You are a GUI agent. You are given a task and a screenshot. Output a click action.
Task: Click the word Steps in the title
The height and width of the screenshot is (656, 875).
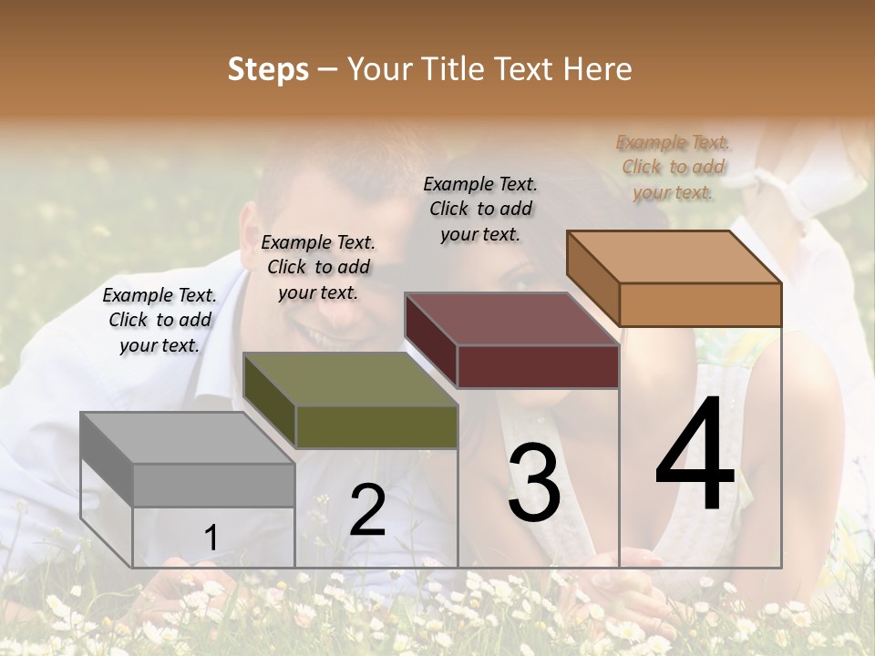[268, 69]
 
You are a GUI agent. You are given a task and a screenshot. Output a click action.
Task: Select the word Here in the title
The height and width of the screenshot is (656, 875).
[597, 69]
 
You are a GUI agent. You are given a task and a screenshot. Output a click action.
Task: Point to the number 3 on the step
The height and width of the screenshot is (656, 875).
[533, 483]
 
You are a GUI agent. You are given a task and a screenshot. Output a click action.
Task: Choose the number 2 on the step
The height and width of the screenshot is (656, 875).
[367, 510]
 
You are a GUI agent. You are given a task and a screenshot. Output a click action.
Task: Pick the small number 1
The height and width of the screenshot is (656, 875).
[211, 538]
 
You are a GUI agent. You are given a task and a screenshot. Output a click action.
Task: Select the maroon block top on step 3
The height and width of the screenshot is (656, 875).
[511, 319]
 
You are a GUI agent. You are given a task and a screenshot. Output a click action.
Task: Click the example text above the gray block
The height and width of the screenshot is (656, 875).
[160, 320]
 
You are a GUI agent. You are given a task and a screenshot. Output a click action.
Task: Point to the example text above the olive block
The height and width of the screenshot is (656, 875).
[318, 267]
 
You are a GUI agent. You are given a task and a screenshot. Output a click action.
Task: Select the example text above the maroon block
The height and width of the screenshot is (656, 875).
[480, 209]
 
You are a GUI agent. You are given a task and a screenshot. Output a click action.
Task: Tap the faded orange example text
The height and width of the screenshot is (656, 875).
[673, 167]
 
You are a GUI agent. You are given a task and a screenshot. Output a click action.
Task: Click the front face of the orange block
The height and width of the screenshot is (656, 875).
[700, 304]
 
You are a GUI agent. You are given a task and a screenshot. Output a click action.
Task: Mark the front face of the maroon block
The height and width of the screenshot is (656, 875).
[538, 366]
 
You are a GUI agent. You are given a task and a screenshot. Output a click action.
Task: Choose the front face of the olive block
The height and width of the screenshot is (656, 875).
[376, 426]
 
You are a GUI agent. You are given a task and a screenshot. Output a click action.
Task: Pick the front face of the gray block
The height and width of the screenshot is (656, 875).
[213, 485]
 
